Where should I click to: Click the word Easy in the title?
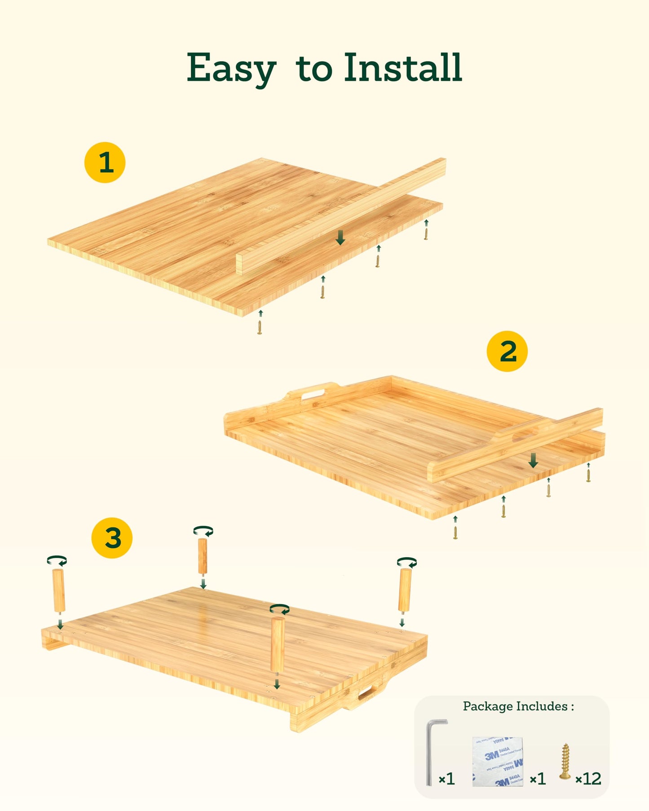point(231,69)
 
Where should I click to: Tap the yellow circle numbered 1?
point(105,163)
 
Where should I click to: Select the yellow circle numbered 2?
point(507,351)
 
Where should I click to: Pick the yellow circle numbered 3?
point(112,538)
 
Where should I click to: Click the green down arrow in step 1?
point(340,238)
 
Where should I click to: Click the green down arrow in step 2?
point(533,460)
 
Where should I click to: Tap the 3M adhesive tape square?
point(498,761)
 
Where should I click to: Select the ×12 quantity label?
point(588,779)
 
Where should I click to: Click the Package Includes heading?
point(518,706)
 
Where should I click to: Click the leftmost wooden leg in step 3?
point(59,590)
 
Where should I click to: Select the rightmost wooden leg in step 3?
point(405,590)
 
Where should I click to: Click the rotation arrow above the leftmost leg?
point(57,561)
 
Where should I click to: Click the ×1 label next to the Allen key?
point(446,779)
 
